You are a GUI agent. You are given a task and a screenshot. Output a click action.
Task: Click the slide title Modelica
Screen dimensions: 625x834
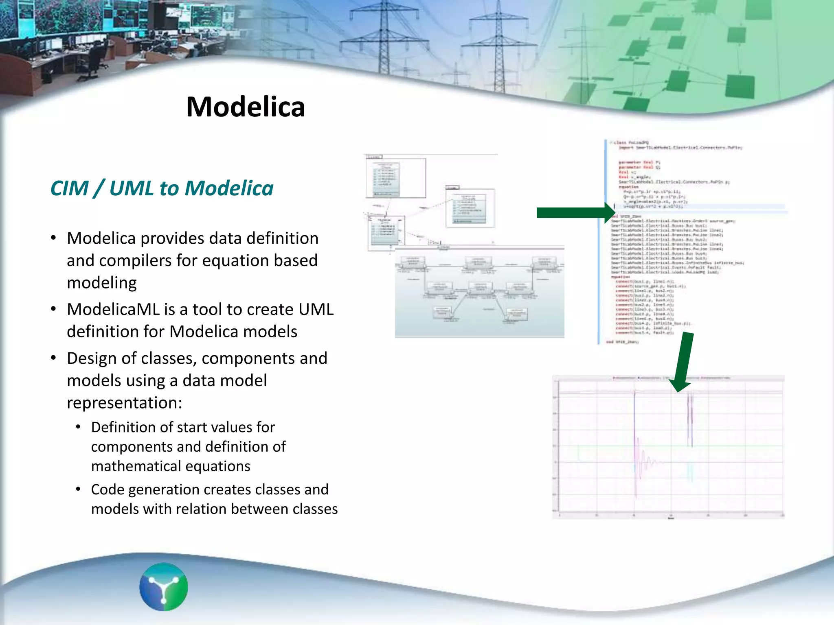tap(246, 107)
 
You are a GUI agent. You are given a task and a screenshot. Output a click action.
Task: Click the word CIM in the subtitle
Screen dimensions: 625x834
tap(69, 188)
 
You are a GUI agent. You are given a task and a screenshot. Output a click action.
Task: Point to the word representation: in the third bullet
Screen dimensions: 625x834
tap(124, 403)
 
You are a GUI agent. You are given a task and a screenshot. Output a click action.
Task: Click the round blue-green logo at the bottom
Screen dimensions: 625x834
tap(163, 587)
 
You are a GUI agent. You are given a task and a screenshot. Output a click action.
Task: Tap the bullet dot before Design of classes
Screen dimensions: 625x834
tap(53, 358)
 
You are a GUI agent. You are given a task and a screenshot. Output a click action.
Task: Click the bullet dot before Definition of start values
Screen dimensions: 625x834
tap(78, 427)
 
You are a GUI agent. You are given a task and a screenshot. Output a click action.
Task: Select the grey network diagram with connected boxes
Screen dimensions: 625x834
tap(479, 292)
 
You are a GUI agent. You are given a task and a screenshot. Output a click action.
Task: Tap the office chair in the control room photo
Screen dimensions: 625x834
tap(96, 57)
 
